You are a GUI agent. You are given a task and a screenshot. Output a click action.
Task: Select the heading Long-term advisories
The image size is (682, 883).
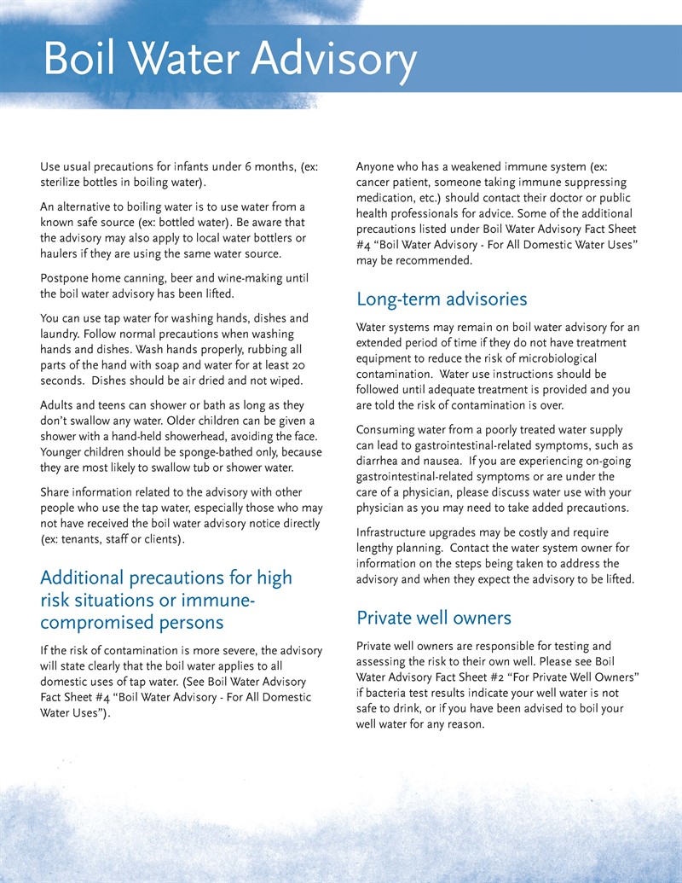coord(442,299)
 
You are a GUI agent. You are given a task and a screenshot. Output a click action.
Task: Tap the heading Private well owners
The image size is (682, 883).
coord(434,617)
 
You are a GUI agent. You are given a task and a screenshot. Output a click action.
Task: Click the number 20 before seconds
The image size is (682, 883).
coord(301,365)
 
